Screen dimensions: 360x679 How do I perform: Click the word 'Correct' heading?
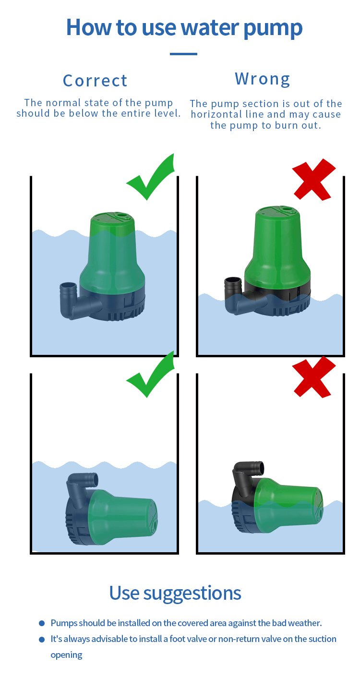click(x=95, y=81)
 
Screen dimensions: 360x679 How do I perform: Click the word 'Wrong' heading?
click(x=263, y=79)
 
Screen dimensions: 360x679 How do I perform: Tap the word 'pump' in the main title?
click(x=273, y=28)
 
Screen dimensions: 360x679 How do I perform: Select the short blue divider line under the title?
click(x=183, y=54)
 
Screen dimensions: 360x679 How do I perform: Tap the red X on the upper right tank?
click(x=313, y=180)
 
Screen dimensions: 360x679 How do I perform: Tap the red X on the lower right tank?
click(x=313, y=377)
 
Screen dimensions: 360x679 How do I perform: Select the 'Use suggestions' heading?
click(x=175, y=593)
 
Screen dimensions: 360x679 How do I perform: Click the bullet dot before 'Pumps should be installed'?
click(x=42, y=623)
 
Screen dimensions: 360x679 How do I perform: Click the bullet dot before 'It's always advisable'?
click(x=42, y=639)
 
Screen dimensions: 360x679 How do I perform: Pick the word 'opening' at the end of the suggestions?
click(x=66, y=655)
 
